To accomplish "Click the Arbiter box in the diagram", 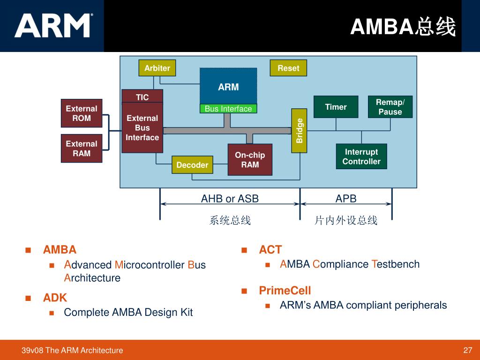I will (157, 68).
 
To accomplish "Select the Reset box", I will (288, 68).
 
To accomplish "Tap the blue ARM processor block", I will (228, 86).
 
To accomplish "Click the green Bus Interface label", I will (228, 109).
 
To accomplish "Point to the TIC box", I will (142, 97).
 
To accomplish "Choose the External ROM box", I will (82, 113).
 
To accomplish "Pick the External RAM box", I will (82, 148).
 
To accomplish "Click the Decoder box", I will (192, 165).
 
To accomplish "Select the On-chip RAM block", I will (250, 159).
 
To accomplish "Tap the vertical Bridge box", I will (300, 131).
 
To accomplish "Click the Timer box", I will (336, 107).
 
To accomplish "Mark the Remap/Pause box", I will (390, 107).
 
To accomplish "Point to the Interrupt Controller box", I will (361, 157).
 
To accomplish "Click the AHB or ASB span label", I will (230, 199).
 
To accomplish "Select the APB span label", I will (346, 199).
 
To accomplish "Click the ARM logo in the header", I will (53, 25).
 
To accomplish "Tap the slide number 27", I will (467, 350).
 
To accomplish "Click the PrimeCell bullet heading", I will (285, 291).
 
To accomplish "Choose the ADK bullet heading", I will (55, 298).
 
